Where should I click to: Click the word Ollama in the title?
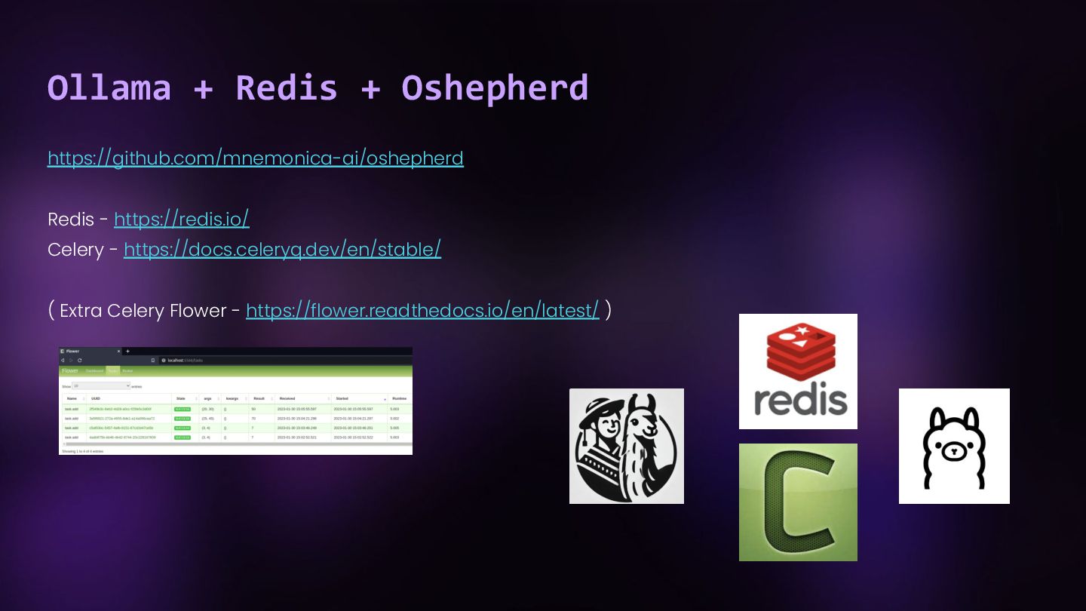pyautogui.click(x=109, y=88)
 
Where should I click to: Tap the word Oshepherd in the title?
pyautogui.click(x=494, y=88)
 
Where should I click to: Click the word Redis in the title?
pyautogui.click(x=286, y=88)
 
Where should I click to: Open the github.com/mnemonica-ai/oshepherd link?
pyautogui.click(x=255, y=158)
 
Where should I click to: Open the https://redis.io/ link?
pyautogui.click(x=181, y=219)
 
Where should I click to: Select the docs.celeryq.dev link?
pyautogui.click(x=282, y=249)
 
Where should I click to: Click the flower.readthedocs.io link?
pyautogui.click(x=422, y=310)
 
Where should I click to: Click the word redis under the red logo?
pyautogui.click(x=799, y=401)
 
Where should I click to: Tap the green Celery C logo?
pyautogui.click(x=798, y=502)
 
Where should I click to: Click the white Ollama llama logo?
pyautogui.click(x=954, y=446)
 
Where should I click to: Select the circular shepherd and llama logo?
pyautogui.click(x=626, y=446)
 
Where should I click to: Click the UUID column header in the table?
pyautogui.click(x=96, y=398)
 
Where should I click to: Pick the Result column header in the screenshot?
pyautogui.click(x=259, y=398)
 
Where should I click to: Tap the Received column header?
pyautogui.click(x=287, y=398)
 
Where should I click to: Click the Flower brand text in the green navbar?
pyautogui.click(x=70, y=370)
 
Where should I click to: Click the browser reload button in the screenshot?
pyautogui.click(x=80, y=361)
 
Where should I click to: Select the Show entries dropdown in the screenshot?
pyautogui.click(x=101, y=385)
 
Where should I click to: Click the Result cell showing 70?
pyautogui.click(x=253, y=418)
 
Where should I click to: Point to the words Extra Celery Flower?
pyautogui.click(x=143, y=311)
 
